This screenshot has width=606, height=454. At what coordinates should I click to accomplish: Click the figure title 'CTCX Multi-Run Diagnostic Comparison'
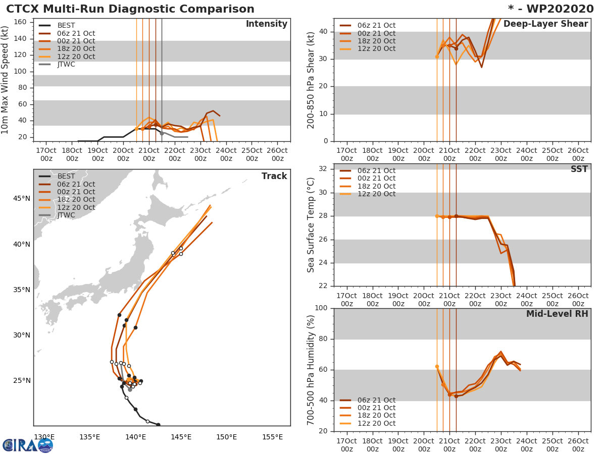[x=130, y=9]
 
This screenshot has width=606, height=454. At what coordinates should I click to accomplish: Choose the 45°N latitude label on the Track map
[x=22, y=198]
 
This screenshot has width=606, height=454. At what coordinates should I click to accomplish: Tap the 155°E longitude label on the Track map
[x=272, y=437]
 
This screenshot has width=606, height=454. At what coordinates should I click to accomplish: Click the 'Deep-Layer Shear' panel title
[x=545, y=24]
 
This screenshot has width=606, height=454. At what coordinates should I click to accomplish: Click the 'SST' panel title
[x=579, y=169]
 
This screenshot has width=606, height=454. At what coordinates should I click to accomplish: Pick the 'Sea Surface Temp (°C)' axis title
[x=312, y=225]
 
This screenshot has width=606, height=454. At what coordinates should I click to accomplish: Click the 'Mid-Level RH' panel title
[x=557, y=314]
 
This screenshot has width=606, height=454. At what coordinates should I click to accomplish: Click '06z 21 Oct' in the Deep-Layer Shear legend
[x=376, y=25]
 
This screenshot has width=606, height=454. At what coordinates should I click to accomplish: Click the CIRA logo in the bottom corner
[x=28, y=445]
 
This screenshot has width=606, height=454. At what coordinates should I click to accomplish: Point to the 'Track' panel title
[x=274, y=176]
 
